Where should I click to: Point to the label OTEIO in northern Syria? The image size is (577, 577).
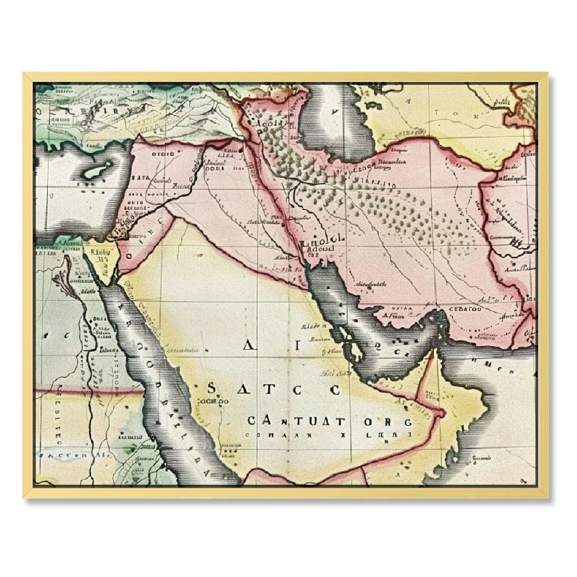click(x=163, y=155)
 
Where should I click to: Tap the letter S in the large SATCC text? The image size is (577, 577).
click(x=212, y=388)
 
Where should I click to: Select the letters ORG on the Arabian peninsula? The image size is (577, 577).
click(x=395, y=422)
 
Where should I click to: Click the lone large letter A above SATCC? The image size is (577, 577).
click(x=249, y=346)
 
